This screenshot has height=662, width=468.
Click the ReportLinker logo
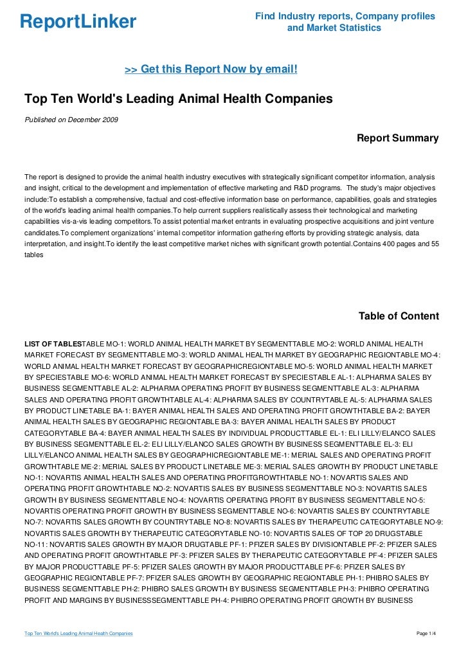point(78,23)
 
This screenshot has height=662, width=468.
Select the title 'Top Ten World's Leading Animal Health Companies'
point(178,100)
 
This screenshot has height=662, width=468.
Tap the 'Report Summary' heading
point(397,138)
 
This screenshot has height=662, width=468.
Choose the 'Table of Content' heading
point(399,316)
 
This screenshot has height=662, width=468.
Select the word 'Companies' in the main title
point(300,100)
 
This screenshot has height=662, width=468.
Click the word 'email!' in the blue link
point(281,68)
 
